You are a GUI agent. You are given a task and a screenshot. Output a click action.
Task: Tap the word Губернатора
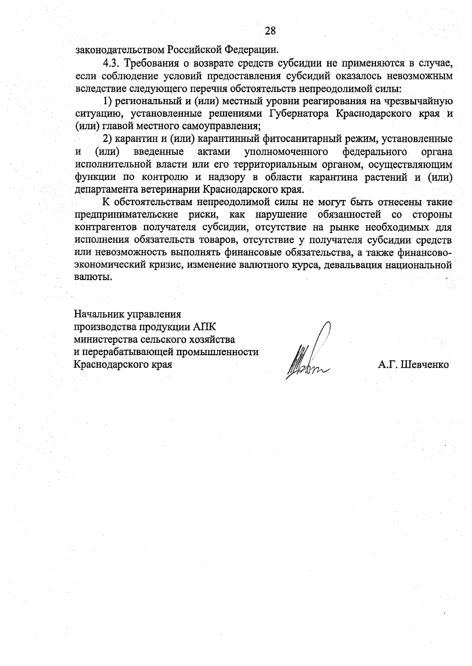click(300, 114)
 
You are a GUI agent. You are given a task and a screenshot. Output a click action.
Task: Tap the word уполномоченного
click(286, 152)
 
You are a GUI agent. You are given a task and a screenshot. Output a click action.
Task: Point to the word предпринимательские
click(127, 215)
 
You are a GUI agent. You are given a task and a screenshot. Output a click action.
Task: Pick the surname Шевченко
click(424, 365)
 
